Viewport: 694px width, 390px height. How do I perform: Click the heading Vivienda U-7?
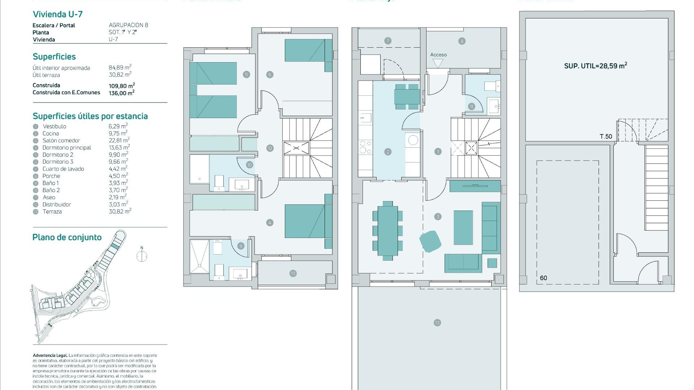click(58, 14)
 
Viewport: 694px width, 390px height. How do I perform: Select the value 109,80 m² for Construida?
click(122, 86)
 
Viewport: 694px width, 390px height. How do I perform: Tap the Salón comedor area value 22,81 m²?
click(119, 140)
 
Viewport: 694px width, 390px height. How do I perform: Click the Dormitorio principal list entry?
click(67, 148)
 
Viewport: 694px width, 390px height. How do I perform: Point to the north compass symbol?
click(142, 256)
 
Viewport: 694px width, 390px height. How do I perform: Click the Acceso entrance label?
click(438, 55)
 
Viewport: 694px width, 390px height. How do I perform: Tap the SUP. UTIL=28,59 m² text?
click(595, 66)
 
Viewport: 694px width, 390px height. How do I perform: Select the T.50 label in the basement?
click(606, 136)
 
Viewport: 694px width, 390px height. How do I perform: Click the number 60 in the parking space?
click(543, 278)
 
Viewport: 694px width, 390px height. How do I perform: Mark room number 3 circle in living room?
click(438, 217)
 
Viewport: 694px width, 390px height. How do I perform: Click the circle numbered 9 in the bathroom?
click(241, 246)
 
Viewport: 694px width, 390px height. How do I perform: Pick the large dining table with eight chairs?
click(387, 230)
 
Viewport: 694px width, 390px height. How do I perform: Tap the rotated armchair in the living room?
click(430, 241)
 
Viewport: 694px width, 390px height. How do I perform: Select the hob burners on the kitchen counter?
click(365, 148)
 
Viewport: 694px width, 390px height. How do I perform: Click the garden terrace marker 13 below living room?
click(437, 323)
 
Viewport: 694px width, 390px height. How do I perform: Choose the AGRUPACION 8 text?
click(128, 25)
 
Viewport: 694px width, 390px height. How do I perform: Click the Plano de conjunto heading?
click(67, 237)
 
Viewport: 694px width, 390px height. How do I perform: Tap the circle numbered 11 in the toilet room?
click(471, 107)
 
